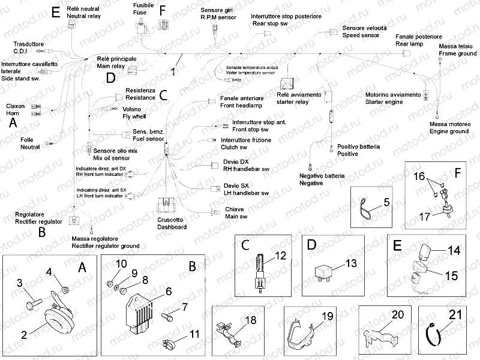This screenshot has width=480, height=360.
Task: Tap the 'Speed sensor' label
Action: click(x=360, y=36)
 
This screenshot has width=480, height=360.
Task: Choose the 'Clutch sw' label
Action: click(x=218, y=147)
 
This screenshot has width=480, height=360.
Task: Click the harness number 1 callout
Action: click(x=173, y=71)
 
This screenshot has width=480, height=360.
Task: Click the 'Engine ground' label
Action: click(x=449, y=131)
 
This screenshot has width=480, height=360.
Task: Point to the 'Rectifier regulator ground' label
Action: click(x=105, y=246)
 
